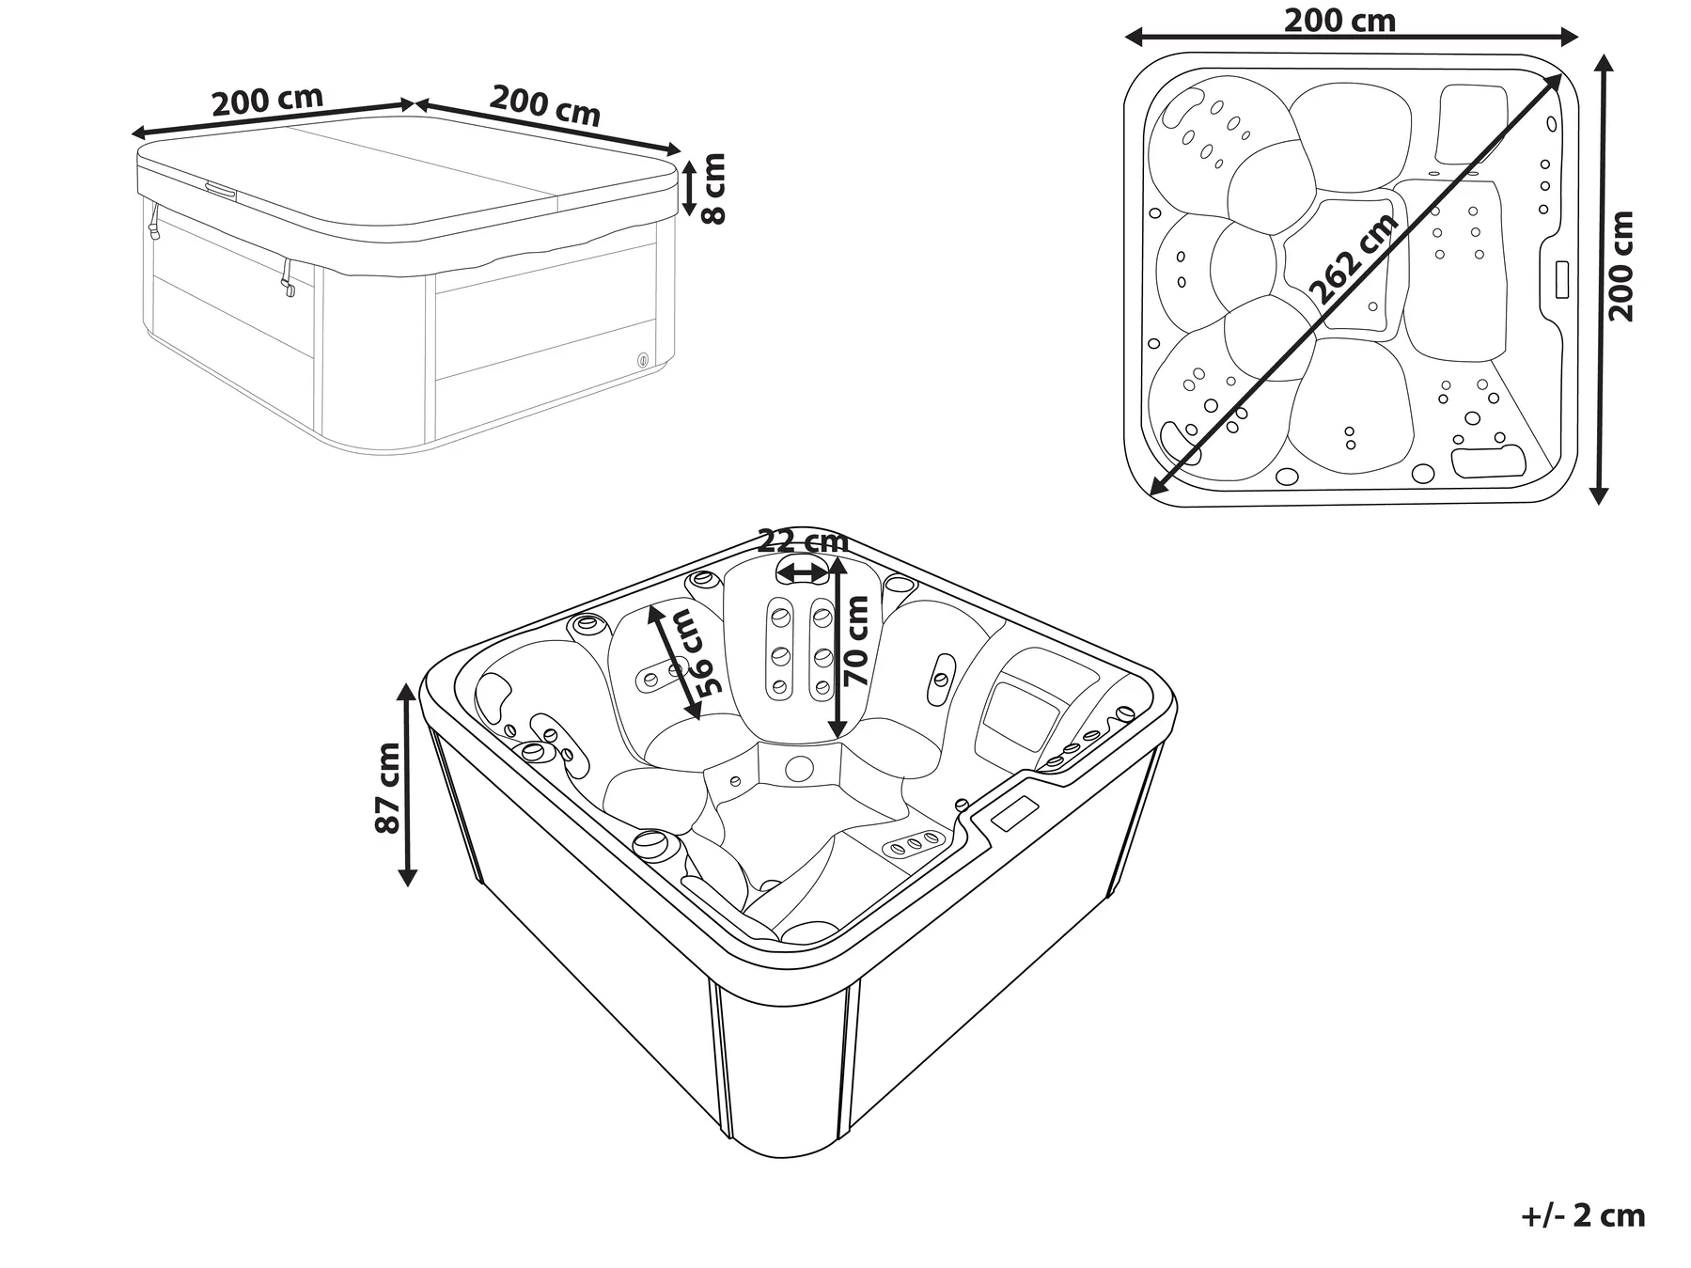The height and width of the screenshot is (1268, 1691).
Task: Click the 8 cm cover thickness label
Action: tap(715, 188)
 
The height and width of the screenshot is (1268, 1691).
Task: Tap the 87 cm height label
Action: tap(386, 788)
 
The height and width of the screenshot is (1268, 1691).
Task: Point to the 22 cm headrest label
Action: tap(803, 541)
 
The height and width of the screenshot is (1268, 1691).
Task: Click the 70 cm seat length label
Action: tap(857, 642)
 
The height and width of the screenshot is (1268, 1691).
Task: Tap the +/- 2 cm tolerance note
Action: tap(1583, 1215)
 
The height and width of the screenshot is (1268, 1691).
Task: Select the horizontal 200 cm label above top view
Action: tap(1339, 20)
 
